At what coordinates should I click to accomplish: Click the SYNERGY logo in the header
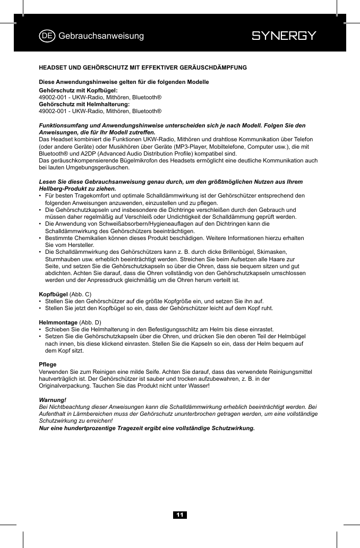tap(284, 36)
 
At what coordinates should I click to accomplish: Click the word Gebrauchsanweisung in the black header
tap(101, 36)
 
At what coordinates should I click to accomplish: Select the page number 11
tap(180, 515)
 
